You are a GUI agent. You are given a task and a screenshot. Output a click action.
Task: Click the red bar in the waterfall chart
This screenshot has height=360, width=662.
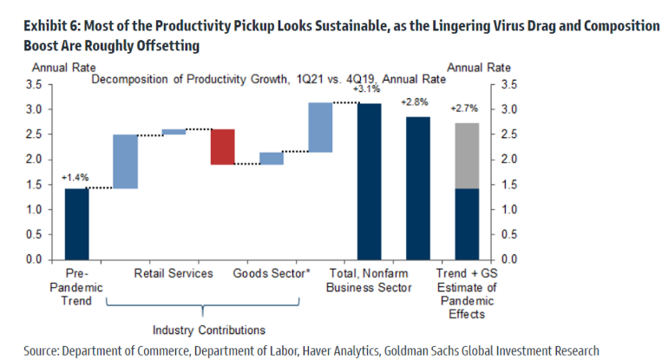[x=222, y=147]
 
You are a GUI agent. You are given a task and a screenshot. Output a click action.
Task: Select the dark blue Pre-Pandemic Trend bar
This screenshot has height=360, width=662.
[x=76, y=223]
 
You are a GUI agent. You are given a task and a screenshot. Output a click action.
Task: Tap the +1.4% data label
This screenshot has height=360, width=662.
[x=75, y=178]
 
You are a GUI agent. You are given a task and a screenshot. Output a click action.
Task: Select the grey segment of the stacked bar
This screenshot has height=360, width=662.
[x=467, y=155]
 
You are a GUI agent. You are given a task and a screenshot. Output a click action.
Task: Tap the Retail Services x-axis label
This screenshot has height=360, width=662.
[x=174, y=273]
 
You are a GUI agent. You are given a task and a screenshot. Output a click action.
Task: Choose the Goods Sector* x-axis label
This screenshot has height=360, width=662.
[x=272, y=273]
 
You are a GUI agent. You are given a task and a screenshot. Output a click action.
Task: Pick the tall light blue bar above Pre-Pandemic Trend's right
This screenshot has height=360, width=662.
[x=125, y=161]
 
